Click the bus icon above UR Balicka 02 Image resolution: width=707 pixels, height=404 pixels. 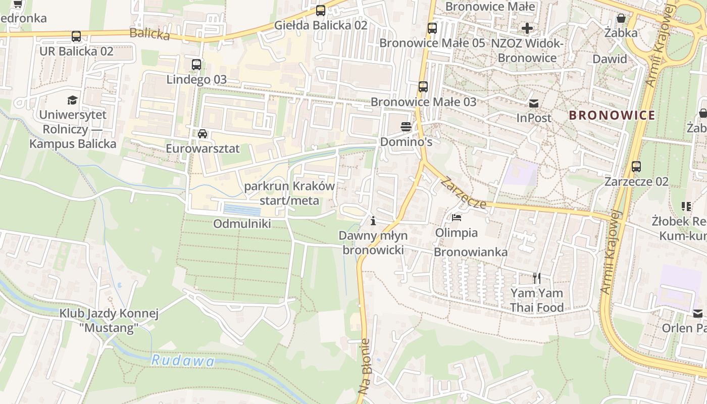point(76,36)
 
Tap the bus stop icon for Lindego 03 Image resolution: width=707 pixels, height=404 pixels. point(196,65)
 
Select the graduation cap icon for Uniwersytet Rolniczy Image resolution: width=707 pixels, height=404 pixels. point(73,100)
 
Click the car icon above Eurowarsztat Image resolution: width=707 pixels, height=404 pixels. point(203,134)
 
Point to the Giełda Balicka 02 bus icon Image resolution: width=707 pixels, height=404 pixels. point(321,10)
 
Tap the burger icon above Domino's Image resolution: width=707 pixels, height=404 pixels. point(406,127)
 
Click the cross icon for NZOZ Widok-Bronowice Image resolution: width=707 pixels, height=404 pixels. point(527,28)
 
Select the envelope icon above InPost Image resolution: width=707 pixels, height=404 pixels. point(534,104)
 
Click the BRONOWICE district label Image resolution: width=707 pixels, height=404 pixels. point(612,115)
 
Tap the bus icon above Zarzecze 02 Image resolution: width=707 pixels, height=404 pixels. point(636,166)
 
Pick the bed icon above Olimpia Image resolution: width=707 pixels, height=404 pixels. point(457,218)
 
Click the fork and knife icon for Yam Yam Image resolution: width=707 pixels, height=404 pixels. point(536,278)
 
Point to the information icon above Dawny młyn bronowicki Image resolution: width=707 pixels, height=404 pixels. point(373,221)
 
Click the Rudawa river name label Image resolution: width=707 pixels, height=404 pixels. point(183,361)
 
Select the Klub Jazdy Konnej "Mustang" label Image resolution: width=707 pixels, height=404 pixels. point(109,321)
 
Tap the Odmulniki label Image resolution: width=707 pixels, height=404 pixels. point(242,224)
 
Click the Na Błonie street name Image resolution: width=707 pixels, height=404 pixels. point(365,366)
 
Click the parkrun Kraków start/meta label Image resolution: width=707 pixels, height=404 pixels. point(289,193)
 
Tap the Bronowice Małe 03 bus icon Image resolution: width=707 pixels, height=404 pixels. point(423,87)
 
